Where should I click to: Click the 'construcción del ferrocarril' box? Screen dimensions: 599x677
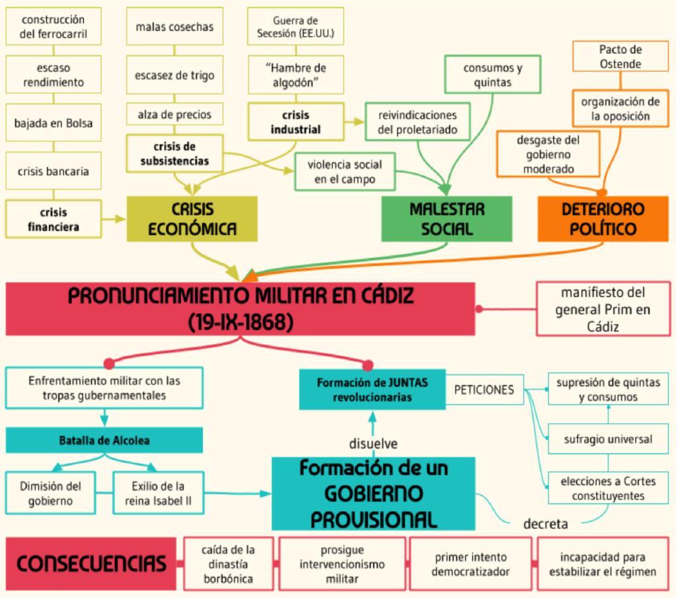coord(54,26)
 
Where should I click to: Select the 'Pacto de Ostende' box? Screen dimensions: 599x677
coord(620,57)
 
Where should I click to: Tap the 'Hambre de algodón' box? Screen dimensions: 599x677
coord(296,75)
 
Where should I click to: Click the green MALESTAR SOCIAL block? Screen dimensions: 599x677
coord(447,219)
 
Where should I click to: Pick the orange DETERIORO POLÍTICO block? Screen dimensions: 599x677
coord(602,219)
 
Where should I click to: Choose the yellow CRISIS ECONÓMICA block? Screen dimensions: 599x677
coord(192,219)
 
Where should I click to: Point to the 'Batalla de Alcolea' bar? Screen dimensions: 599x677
coord(104,440)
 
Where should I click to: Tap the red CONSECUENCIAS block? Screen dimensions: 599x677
coord(91,563)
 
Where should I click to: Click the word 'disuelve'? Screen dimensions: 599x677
coord(373,443)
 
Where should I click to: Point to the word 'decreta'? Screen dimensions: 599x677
coord(545,524)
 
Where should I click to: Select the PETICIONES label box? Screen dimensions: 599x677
coord(484,390)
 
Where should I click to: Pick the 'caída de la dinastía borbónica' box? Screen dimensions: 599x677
coord(228,564)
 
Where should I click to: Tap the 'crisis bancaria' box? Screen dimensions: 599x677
coord(54,171)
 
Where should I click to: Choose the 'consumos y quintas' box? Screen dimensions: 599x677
coord(493,75)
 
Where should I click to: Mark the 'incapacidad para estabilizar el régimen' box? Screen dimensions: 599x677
coord(602,564)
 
